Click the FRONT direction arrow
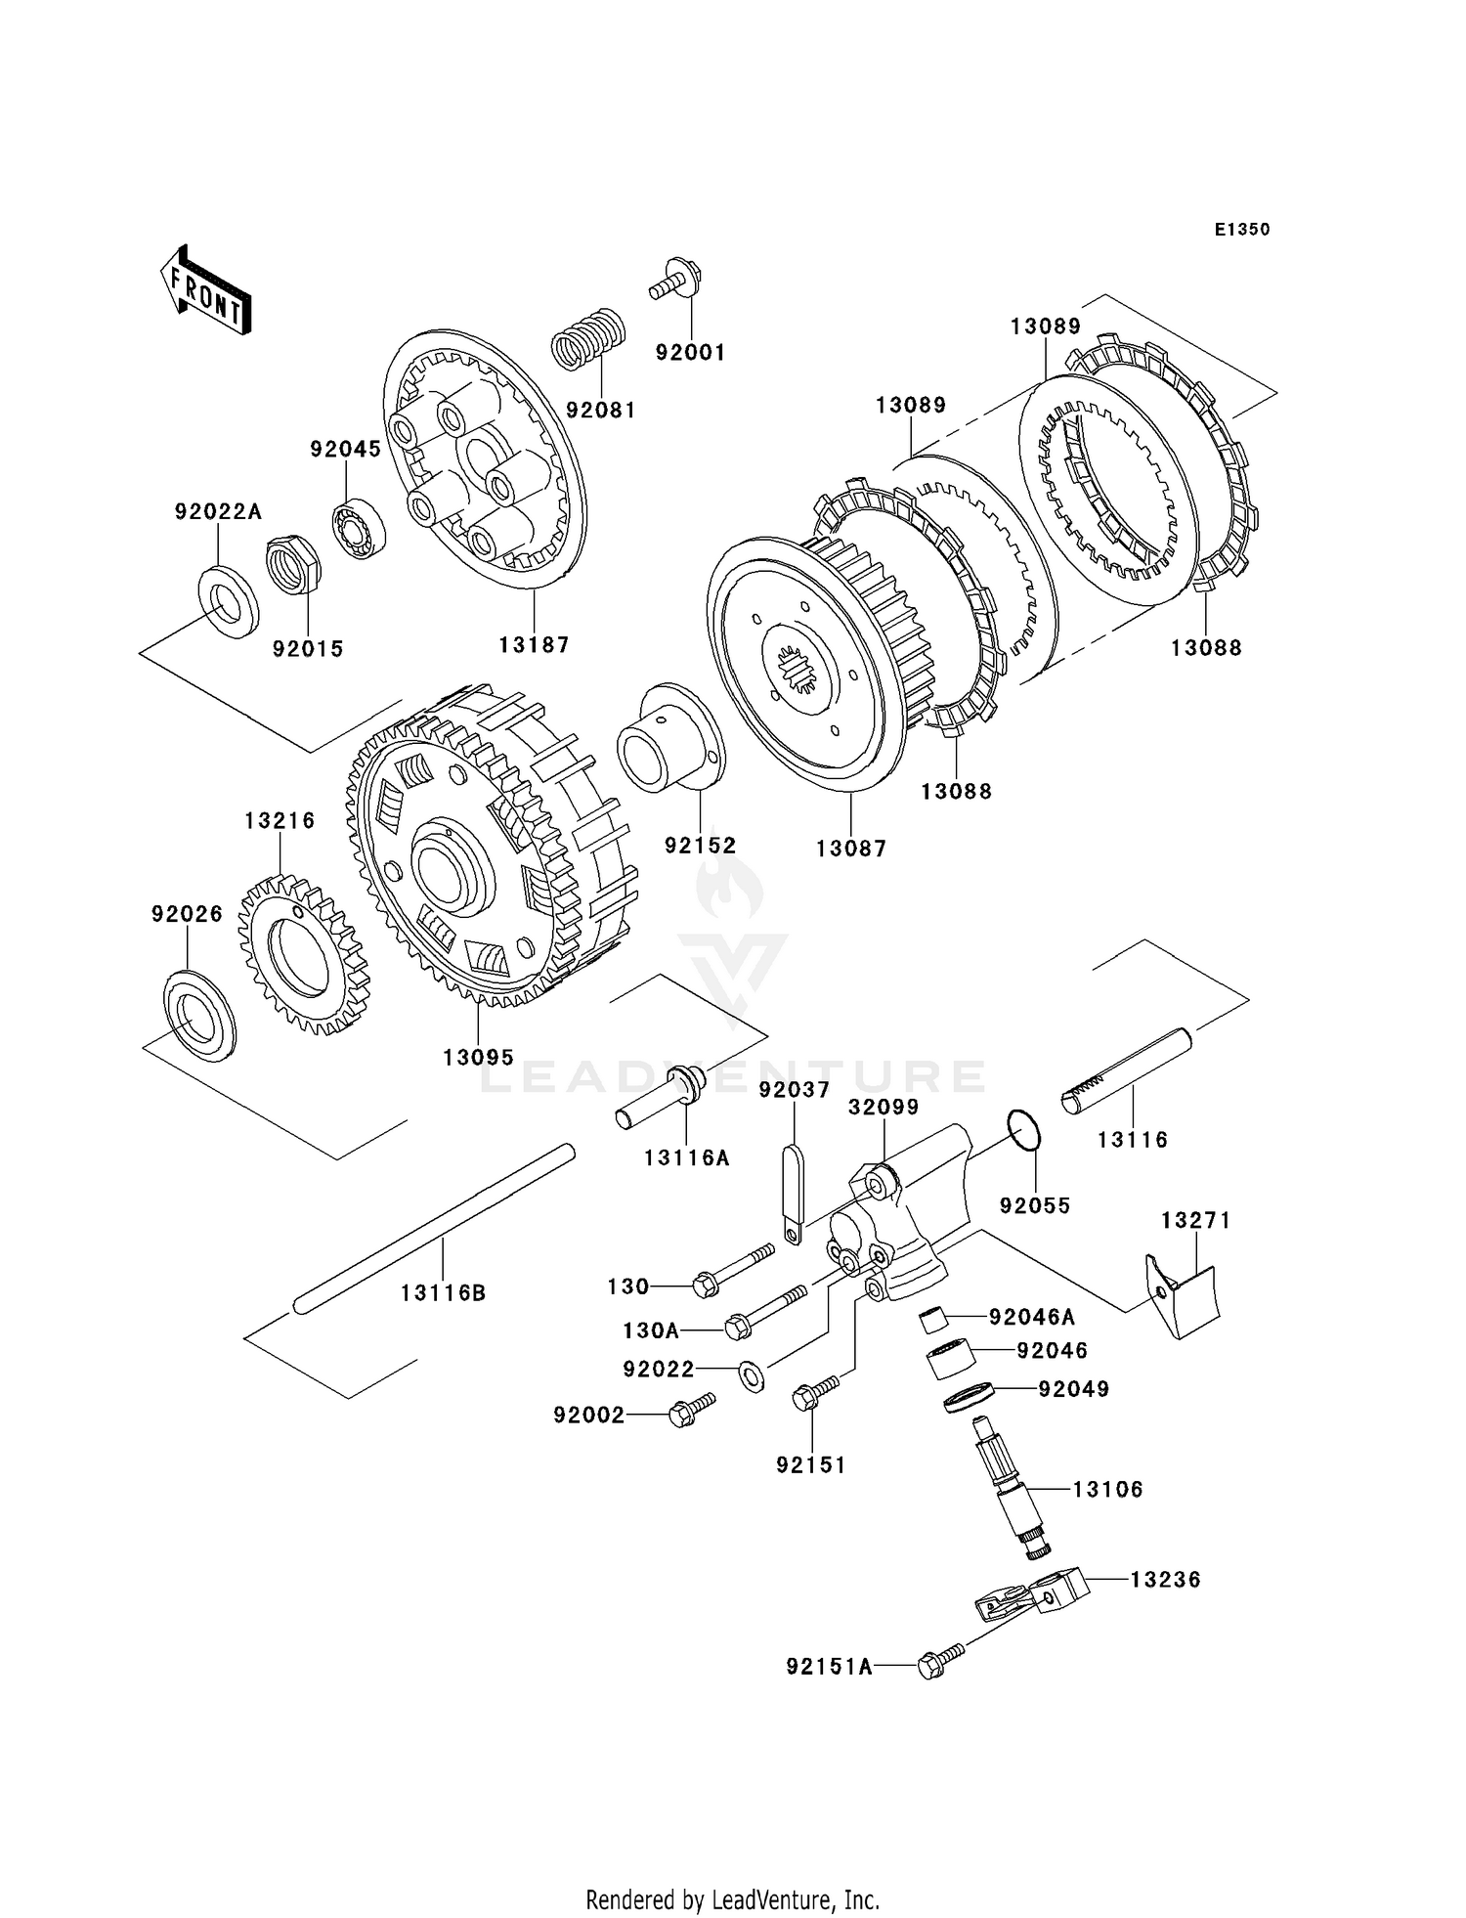[205, 292]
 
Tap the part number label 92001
[690, 353]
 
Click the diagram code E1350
[1241, 230]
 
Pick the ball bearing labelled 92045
[360, 529]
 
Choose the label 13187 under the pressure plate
[534, 645]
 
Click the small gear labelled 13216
[303, 955]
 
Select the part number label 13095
[478, 1058]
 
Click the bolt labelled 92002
[690, 1411]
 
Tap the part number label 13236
[1165, 1580]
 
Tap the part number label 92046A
[1031, 1317]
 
